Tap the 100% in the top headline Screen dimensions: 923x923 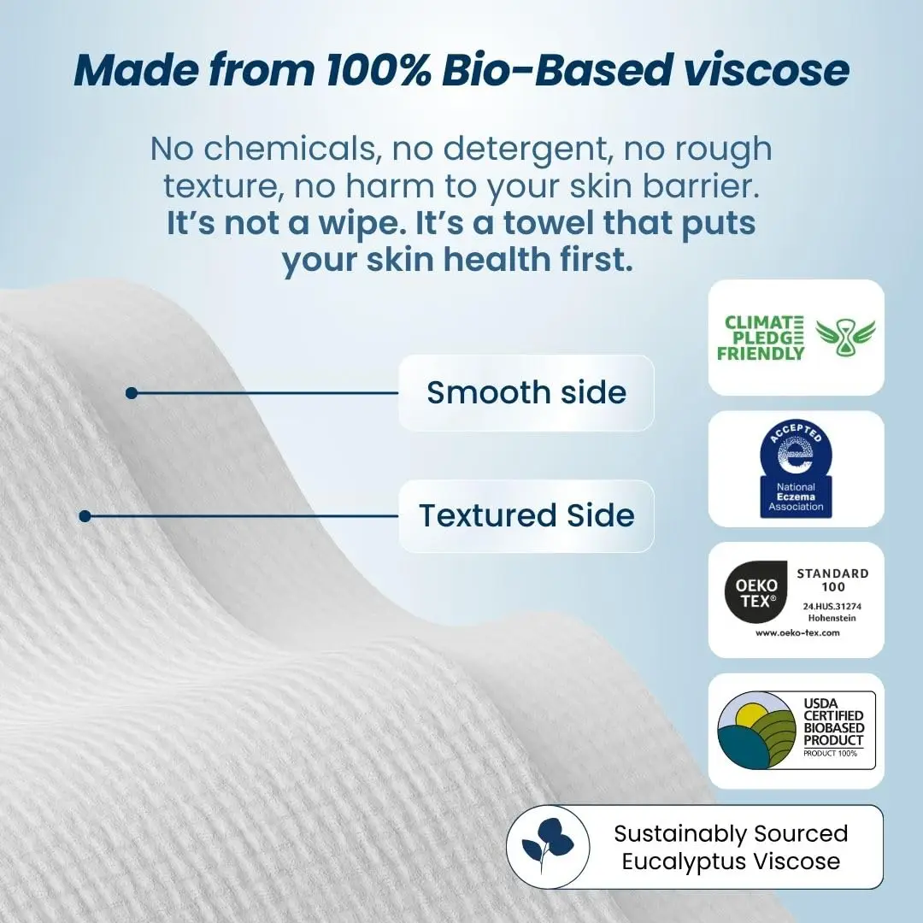pos(374,70)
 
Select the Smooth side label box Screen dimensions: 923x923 pos(526,392)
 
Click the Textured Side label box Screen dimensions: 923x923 pos(526,515)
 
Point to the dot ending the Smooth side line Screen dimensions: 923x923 pos(131,393)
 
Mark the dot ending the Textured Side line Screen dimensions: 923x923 pos(85,516)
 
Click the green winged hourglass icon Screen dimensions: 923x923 pos(833,338)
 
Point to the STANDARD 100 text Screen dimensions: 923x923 pos(832,580)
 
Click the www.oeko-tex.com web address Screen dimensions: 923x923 pos(797,632)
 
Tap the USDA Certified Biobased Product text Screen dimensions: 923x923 pos(833,722)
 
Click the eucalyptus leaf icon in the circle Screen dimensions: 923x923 pos(548,847)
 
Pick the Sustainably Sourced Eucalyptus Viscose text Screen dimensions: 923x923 pos(731,847)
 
